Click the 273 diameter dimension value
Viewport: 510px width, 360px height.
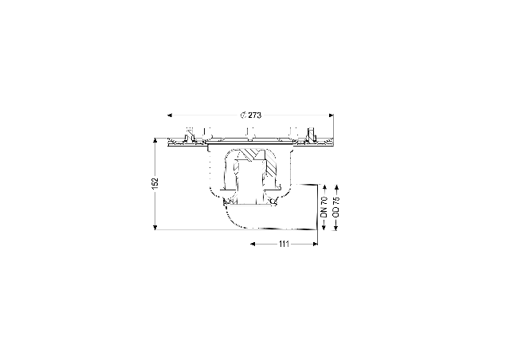255,115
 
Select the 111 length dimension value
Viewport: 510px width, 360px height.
284,244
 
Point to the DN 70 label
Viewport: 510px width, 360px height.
324,207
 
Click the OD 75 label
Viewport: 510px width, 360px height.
336,207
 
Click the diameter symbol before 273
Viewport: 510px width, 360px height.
243,115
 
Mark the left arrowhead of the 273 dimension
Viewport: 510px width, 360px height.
170,115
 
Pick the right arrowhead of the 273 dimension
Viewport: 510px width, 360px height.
331,115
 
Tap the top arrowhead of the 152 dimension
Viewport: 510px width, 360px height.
155,140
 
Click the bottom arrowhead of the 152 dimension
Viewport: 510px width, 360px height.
155,227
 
